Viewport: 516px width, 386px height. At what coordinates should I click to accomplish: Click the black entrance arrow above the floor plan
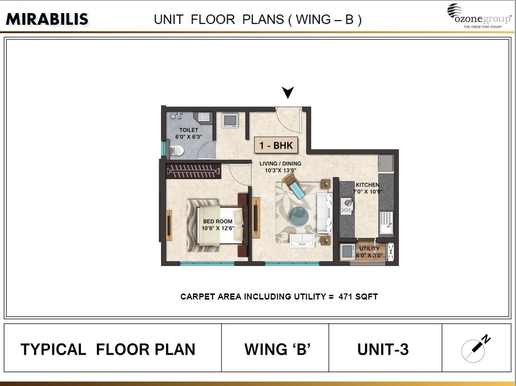[288, 92]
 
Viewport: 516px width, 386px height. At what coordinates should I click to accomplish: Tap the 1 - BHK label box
[276, 145]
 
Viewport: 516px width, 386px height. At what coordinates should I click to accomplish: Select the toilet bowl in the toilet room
[175, 150]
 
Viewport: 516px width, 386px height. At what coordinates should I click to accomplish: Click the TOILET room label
[189, 133]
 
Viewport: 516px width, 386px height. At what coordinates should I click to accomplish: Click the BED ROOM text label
[218, 225]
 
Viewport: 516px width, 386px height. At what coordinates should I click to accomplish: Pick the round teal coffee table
[299, 217]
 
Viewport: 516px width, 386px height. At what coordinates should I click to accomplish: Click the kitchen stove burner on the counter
[346, 206]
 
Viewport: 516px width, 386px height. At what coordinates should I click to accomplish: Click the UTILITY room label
[369, 252]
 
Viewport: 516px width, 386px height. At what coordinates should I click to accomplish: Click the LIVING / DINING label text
[280, 167]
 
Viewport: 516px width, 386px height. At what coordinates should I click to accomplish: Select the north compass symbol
[474, 348]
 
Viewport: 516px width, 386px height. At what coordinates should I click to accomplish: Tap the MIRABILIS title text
[47, 19]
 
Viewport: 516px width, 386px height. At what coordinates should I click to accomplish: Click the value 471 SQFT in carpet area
[358, 297]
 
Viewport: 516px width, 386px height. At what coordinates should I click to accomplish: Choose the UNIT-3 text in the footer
[383, 349]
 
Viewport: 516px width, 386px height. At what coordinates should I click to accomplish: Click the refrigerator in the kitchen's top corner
[386, 164]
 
